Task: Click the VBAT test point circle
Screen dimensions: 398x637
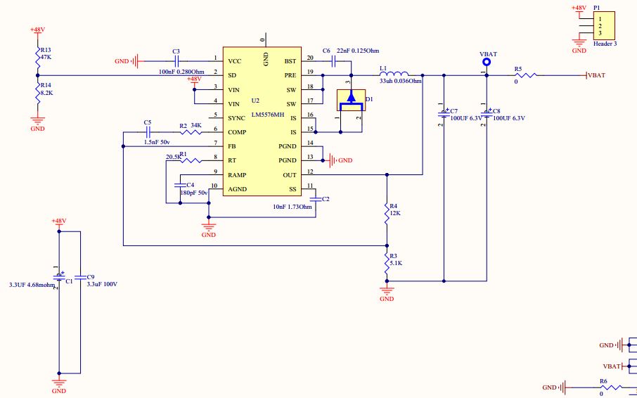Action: pyautogui.click(x=486, y=63)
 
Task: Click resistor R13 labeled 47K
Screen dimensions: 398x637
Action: pyautogui.click(x=38, y=55)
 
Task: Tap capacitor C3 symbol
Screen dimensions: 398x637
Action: pyautogui.click(x=176, y=60)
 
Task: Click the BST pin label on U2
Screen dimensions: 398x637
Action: pyautogui.click(x=290, y=61)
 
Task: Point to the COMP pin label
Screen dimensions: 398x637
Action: pyautogui.click(x=237, y=131)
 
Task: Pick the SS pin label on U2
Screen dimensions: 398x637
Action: pyautogui.click(x=292, y=189)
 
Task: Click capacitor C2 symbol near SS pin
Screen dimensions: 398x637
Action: pyautogui.click(x=315, y=200)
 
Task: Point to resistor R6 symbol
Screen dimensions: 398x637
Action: pyautogui.click(x=608, y=387)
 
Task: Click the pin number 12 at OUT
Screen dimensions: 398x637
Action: pyautogui.click(x=310, y=172)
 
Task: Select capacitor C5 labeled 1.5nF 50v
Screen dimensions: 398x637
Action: pyautogui.click(x=148, y=131)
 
